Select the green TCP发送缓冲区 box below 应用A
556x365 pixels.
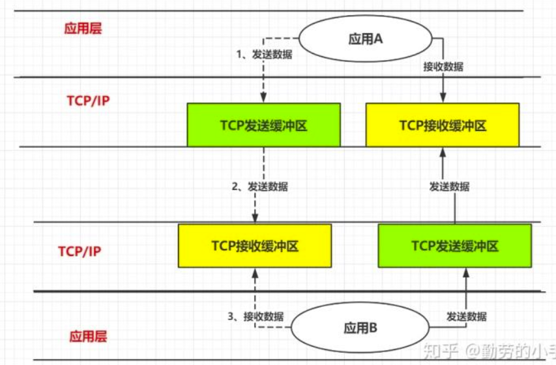pyautogui.click(x=263, y=125)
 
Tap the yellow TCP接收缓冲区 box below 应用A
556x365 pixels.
pyautogui.click(x=443, y=125)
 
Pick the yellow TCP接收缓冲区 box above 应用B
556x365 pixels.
pyautogui.click(x=254, y=246)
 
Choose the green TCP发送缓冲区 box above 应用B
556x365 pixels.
pyautogui.click(x=454, y=246)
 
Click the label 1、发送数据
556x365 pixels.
pyautogui.click(x=264, y=54)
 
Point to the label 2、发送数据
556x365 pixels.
pyautogui.click(x=259, y=186)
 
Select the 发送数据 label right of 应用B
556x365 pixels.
pyautogui.click(x=467, y=317)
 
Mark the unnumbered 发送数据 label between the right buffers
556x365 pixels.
pyautogui.click(x=449, y=186)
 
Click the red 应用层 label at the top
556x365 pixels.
pyautogui.click(x=83, y=28)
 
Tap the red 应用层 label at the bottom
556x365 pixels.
pyautogui.click(x=88, y=336)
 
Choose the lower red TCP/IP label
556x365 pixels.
pyautogui.click(x=80, y=251)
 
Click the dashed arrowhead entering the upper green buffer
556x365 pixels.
pyautogui.click(x=263, y=99)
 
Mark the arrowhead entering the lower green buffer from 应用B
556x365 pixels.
pyautogui.click(x=467, y=272)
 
